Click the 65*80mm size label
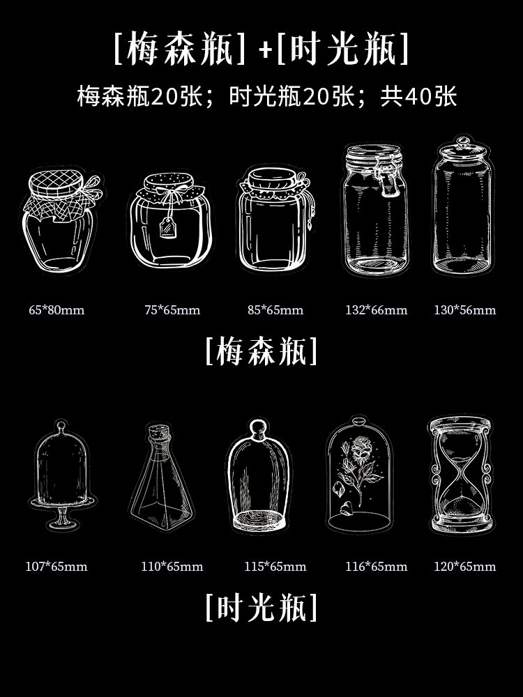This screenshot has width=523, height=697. (x=56, y=310)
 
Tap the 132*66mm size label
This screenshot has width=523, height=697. (x=377, y=310)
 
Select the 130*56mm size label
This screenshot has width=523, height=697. (x=464, y=310)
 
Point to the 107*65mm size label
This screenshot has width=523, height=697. (x=56, y=566)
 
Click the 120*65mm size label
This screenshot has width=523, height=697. (x=464, y=566)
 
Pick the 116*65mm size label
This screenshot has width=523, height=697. (x=377, y=566)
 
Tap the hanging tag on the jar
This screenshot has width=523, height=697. (x=168, y=228)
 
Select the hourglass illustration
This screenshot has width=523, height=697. (x=461, y=475)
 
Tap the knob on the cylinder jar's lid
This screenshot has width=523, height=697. (x=463, y=142)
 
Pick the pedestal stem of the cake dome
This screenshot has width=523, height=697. (x=62, y=516)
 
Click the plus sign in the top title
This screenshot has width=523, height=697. (x=265, y=50)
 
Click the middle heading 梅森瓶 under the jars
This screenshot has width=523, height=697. (x=261, y=351)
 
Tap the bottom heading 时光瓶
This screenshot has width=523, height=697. (x=261, y=607)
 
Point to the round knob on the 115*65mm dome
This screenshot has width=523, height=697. (x=258, y=428)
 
